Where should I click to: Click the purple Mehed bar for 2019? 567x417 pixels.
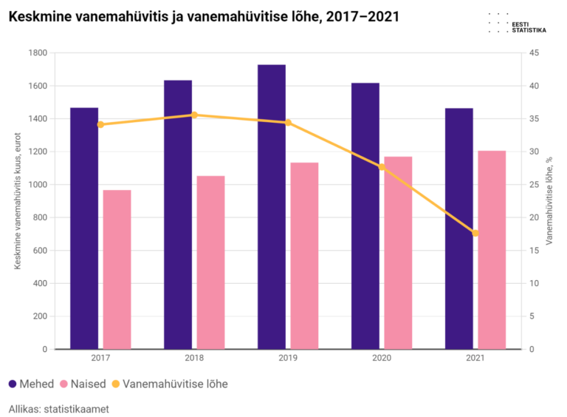[x=272, y=207]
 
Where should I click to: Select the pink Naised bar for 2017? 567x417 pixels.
[x=117, y=270]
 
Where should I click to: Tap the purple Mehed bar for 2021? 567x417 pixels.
[x=459, y=228]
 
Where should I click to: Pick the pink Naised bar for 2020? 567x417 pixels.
[x=398, y=253]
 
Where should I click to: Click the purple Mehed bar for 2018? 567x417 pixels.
[x=178, y=214]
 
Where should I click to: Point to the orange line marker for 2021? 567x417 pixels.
[x=475, y=233]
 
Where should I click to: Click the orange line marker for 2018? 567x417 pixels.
[x=194, y=115]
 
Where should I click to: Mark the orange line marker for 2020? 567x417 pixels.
[x=382, y=167]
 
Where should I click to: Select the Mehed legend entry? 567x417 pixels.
[x=31, y=384]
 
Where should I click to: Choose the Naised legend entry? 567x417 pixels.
[x=83, y=384]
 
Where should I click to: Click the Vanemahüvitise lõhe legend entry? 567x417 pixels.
[x=170, y=384]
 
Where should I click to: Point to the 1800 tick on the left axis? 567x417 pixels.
[x=38, y=52]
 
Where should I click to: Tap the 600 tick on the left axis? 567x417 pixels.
[x=40, y=251]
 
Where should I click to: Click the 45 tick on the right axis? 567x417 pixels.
[x=534, y=52]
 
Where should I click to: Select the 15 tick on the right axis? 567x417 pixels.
[x=534, y=251]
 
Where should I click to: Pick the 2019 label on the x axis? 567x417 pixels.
[x=288, y=358]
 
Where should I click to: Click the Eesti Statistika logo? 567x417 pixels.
[x=517, y=24]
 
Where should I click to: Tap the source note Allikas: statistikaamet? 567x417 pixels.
[x=58, y=409]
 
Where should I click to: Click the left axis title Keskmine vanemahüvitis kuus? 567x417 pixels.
[x=18, y=201]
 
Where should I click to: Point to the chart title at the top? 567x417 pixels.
[x=204, y=17]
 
